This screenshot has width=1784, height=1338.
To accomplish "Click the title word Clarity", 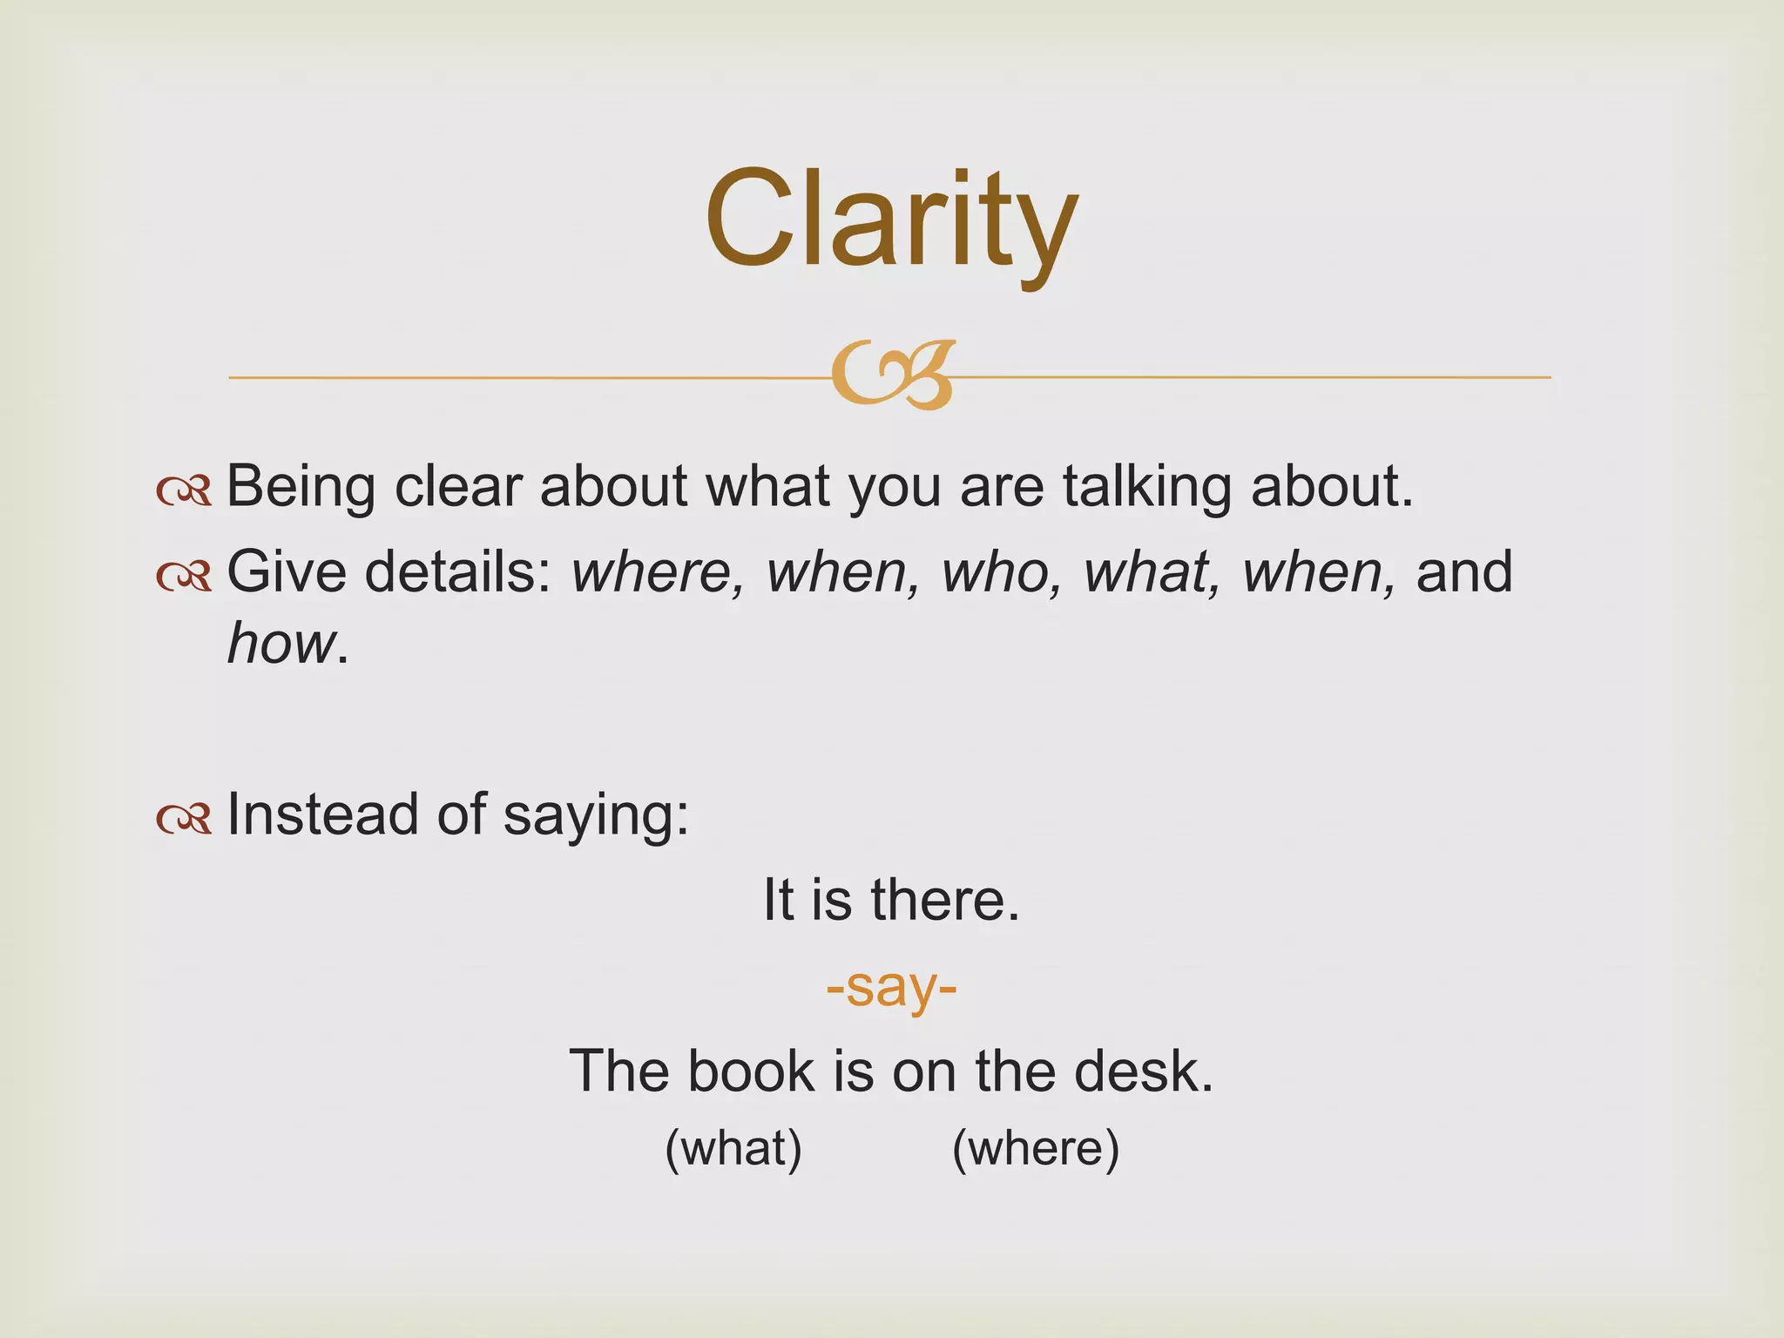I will click(x=891, y=220).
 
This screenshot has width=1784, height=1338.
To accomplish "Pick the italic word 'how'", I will click(x=280, y=645).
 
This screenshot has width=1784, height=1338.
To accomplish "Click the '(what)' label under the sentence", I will click(x=733, y=1149).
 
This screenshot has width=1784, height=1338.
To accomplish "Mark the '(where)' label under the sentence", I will click(x=1036, y=1149).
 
